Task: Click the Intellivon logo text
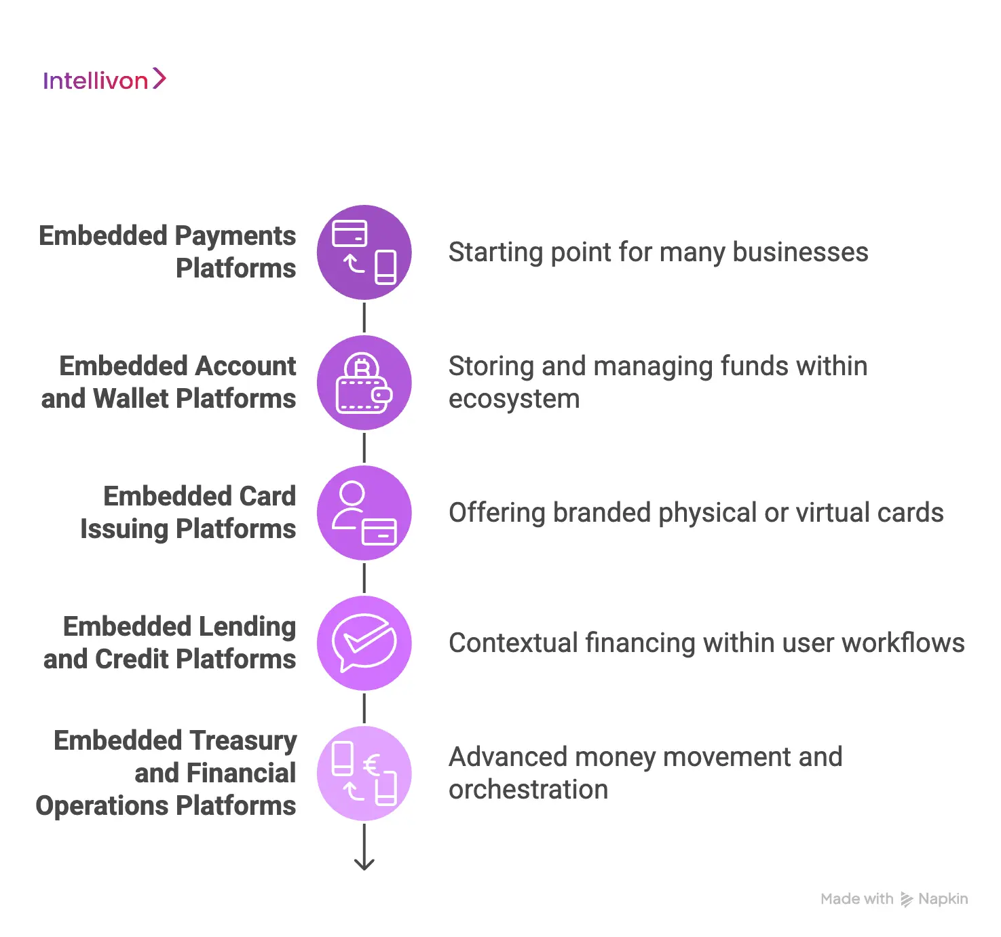[x=95, y=81]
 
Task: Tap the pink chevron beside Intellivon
[x=159, y=79]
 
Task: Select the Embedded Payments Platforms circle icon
[x=364, y=252]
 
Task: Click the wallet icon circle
[x=364, y=383]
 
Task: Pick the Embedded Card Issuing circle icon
[x=364, y=513]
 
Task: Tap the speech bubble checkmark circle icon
[x=364, y=643]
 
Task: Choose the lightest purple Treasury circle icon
[x=364, y=773]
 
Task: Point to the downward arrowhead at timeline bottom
[x=364, y=864]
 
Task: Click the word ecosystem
[x=514, y=399]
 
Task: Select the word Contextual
[x=513, y=643]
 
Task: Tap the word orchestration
[x=528, y=790]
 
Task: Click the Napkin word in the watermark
[x=943, y=899]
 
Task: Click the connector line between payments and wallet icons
[x=364, y=318]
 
